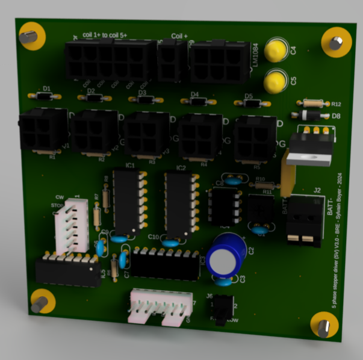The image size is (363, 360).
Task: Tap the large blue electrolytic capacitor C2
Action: tap(227, 256)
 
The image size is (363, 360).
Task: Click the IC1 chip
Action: tap(128, 201)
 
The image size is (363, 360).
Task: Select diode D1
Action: tap(44, 96)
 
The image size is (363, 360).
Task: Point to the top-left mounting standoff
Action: tap(28, 37)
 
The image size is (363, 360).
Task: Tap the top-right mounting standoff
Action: tap(335, 43)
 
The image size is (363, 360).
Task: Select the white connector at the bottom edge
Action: tap(161, 305)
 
